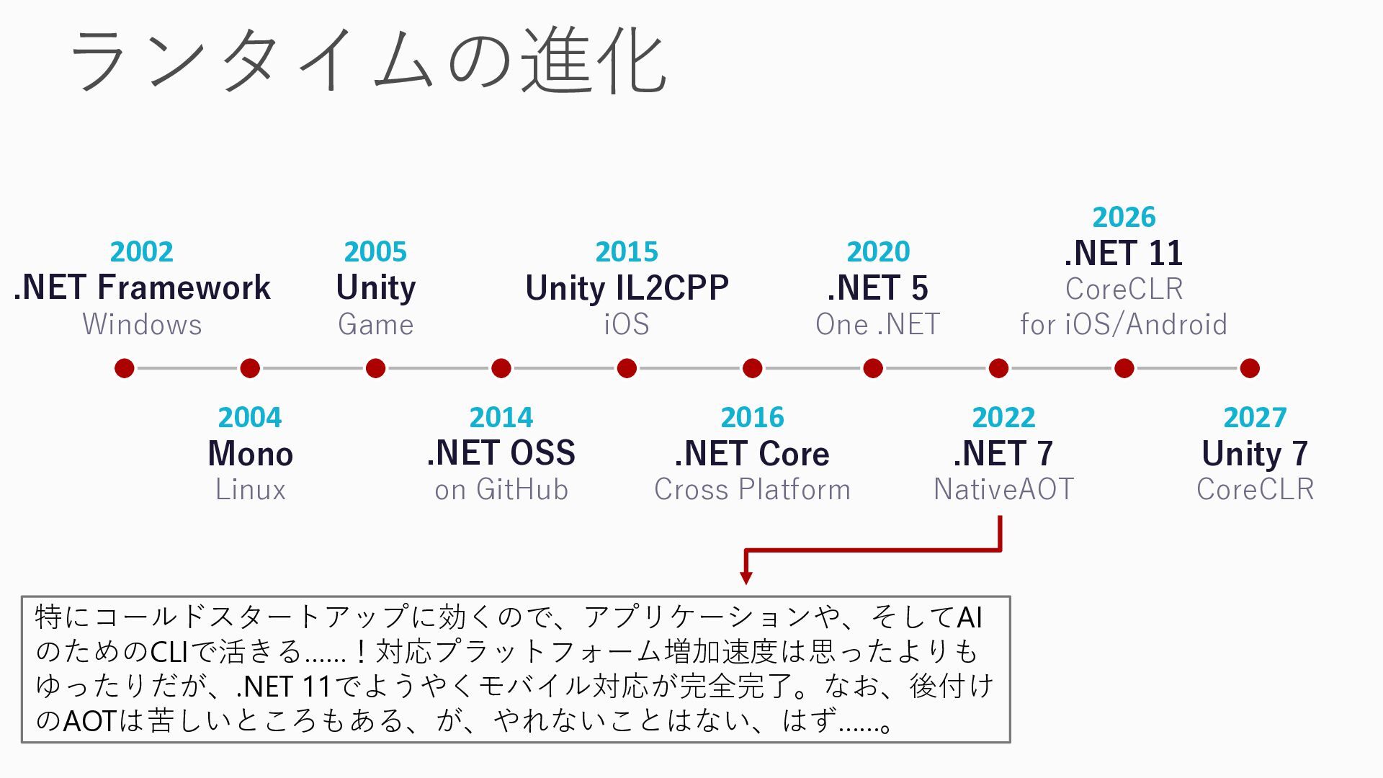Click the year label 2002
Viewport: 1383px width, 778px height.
point(142,251)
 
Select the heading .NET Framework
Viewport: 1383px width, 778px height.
point(142,287)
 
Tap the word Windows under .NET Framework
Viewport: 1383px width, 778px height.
point(142,324)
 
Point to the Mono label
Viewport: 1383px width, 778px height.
point(250,453)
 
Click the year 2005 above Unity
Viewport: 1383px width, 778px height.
point(375,251)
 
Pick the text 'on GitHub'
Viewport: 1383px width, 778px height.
point(501,490)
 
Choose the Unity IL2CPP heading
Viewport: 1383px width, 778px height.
point(627,287)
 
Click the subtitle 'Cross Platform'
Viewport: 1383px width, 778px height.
point(752,490)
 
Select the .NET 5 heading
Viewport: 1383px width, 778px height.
point(877,287)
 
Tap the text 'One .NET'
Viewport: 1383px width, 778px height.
point(877,324)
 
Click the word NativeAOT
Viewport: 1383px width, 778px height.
point(1003,490)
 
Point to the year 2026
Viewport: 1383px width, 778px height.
point(1124,217)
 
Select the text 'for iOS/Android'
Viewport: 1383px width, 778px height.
point(1124,324)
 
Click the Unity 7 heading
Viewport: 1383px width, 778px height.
point(1255,453)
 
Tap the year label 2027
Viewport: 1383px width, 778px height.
point(1255,417)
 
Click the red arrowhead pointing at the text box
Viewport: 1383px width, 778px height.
point(746,578)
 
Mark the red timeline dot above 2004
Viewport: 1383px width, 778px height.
point(250,368)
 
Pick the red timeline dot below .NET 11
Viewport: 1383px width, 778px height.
point(1124,368)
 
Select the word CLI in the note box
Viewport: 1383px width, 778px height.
point(169,652)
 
